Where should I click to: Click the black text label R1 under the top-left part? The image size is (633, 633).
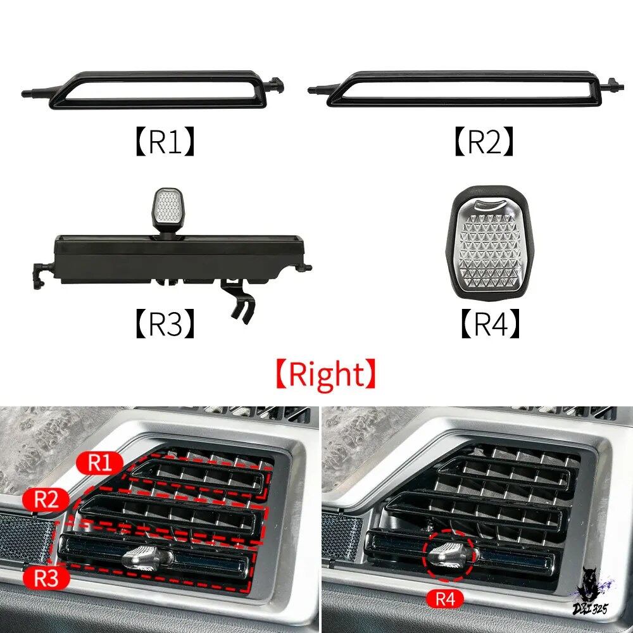click(x=165, y=141)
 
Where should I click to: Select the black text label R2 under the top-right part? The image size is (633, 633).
click(x=484, y=141)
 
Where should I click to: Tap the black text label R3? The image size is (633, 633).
click(x=165, y=323)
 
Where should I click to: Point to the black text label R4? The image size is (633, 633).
click(x=490, y=323)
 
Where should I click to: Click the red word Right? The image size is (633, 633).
click(x=326, y=374)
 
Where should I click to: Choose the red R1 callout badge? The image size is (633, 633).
click(x=99, y=463)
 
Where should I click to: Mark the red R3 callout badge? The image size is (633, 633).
click(x=46, y=578)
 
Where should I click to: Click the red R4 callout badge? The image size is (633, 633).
click(x=445, y=599)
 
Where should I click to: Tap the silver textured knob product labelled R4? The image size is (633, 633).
click(x=489, y=244)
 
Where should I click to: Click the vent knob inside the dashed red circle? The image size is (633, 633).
click(x=447, y=555)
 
